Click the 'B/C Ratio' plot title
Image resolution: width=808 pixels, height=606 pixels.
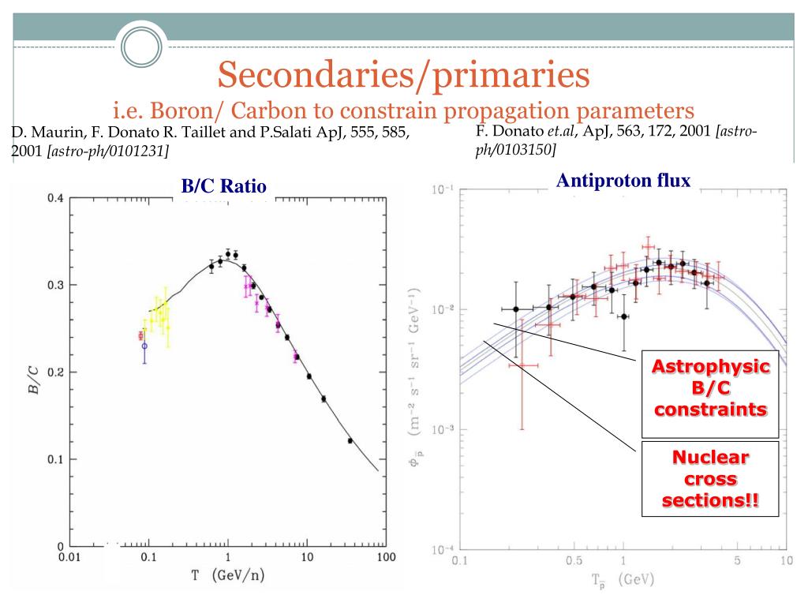pyautogui.click(x=224, y=186)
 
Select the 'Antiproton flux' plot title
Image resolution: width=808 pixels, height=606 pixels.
pyautogui.click(x=623, y=181)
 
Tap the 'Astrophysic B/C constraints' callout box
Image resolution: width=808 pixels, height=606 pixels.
pyautogui.click(x=709, y=388)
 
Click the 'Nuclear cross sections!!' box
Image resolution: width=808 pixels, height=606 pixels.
pyautogui.click(x=709, y=479)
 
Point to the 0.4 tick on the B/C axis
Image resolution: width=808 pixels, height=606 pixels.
pyautogui.click(x=54, y=198)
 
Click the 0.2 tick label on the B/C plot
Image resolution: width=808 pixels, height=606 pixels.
pyautogui.click(x=54, y=372)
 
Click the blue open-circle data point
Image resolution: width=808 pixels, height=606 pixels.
pyautogui.click(x=144, y=346)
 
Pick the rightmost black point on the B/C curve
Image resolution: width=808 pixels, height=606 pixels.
pyautogui.click(x=350, y=440)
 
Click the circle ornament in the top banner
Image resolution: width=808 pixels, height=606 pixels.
pyautogui.click(x=140, y=43)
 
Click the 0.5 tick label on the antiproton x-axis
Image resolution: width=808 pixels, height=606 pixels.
pyautogui.click(x=574, y=561)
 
